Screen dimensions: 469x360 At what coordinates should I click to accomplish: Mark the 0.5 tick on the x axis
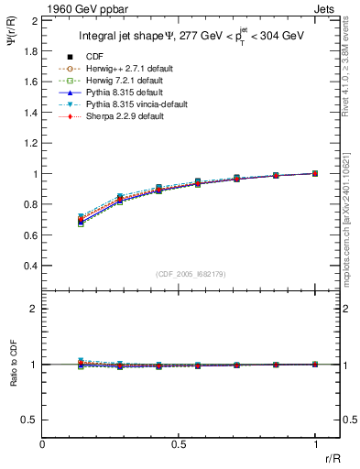(x=179, y=443)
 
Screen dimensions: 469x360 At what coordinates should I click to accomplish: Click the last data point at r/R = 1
(x=315, y=173)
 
